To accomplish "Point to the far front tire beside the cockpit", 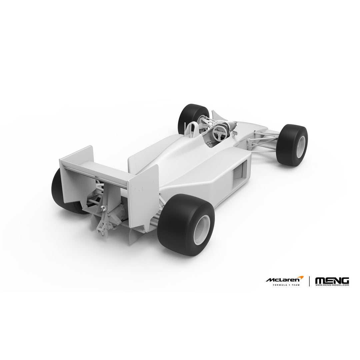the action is [x=193, y=118].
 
